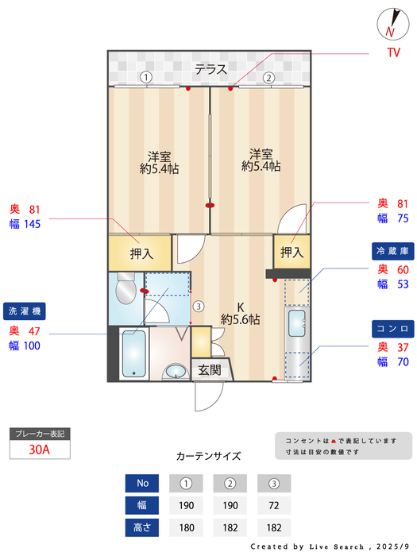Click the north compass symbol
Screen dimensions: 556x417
coord(391,24)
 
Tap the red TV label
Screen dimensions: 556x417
coord(392,53)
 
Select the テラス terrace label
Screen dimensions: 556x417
coord(211,69)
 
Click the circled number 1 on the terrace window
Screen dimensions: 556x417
coord(146,78)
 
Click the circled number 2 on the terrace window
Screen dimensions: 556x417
coord(268,78)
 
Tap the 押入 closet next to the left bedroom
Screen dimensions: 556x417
coord(141,254)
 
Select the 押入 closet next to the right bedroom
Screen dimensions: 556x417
coord(292,253)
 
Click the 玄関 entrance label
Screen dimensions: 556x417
coord(210,369)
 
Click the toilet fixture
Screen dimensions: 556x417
coord(125,291)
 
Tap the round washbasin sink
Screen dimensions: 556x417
coord(175,372)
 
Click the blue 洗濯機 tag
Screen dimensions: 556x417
coord(26,310)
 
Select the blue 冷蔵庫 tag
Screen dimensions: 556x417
coord(393,251)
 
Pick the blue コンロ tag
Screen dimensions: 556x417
coord(393,328)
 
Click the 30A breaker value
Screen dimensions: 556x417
coord(39,449)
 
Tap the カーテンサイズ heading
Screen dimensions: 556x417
coord(208,457)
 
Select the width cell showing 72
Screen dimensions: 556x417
coord(273,505)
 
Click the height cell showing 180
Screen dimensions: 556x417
coord(186,527)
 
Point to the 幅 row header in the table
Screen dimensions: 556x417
coord(142,505)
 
